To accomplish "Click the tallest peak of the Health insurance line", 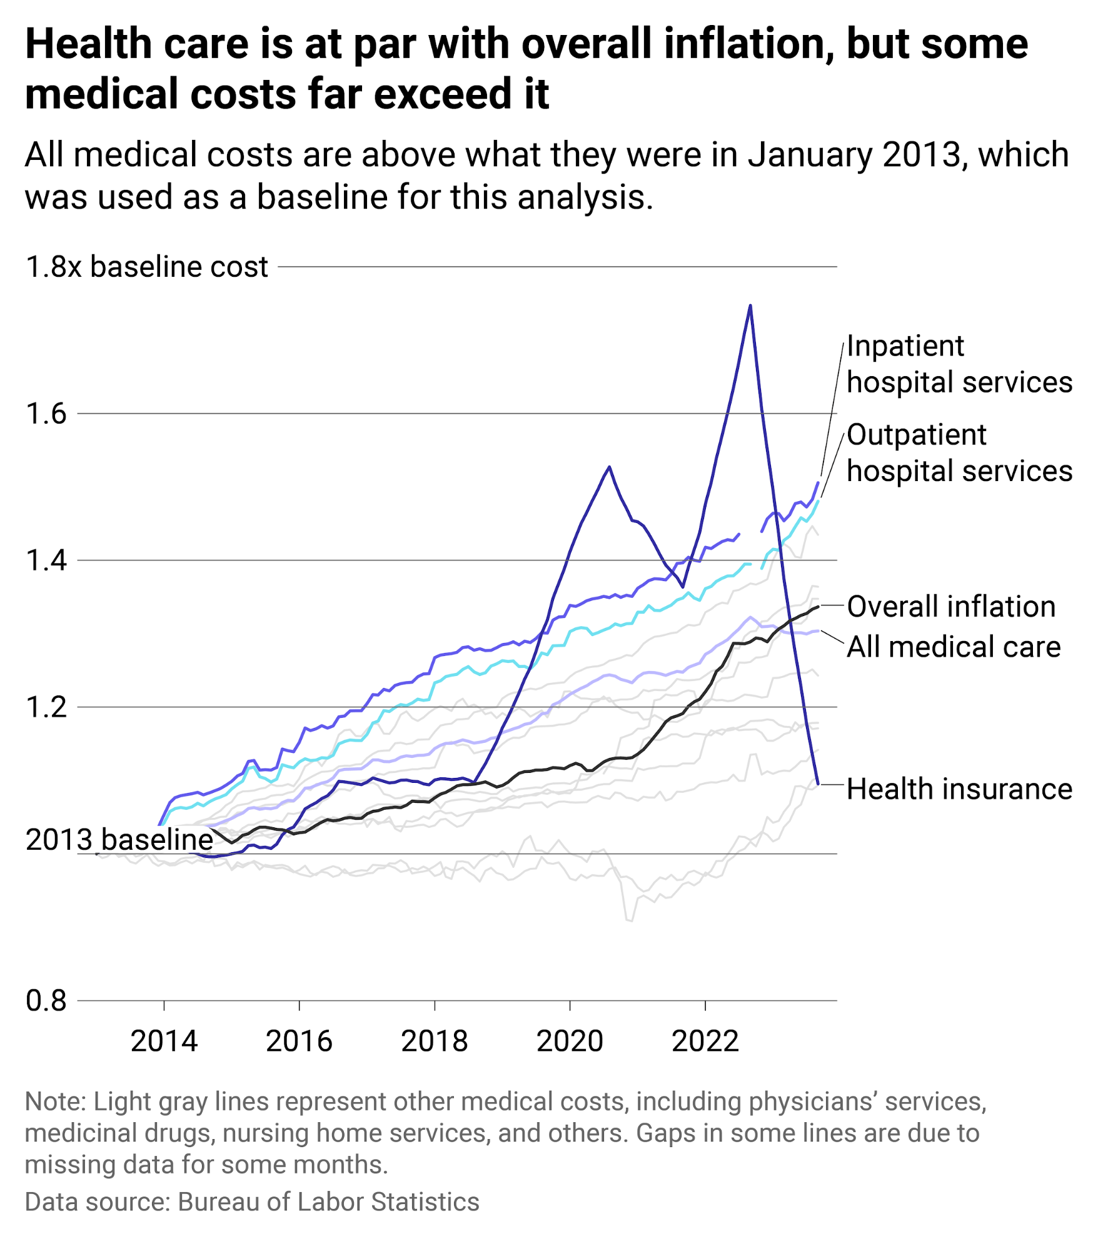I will [750, 306].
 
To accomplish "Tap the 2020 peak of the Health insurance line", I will [609, 467].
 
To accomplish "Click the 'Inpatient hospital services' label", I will [959, 364].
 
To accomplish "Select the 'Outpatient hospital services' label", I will [959, 453].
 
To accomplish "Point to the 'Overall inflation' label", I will [950, 607].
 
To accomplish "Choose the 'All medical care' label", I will [953, 647].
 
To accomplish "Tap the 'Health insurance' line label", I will [959, 789].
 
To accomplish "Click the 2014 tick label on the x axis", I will [164, 1041].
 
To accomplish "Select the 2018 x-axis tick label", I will [435, 1041].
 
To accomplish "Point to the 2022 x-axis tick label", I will [705, 1041].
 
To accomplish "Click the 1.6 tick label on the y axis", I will [46, 414].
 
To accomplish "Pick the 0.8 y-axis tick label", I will [46, 1000].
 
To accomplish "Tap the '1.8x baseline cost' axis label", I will [146, 267].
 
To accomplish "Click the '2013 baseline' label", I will [119, 839].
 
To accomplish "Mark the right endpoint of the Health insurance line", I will [818, 783].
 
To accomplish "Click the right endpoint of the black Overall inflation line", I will [818, 607].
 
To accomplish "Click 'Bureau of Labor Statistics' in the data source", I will [328, 1202].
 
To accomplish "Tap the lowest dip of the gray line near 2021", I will [629, 920].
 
